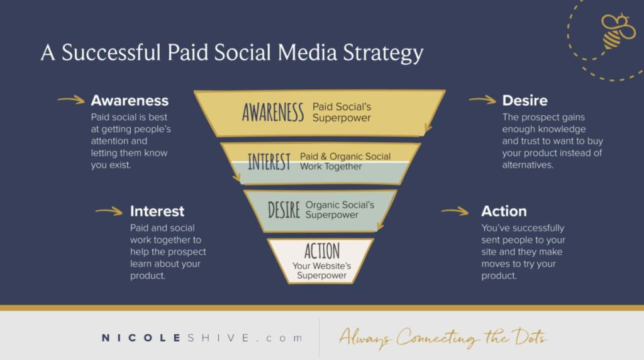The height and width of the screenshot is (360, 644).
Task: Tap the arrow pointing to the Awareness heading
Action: coord(70,99)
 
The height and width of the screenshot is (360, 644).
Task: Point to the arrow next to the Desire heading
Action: coord(482,99)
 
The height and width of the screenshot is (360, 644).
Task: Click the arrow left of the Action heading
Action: coord(454,211)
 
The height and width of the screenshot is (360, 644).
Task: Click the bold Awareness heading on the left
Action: coord(130,101)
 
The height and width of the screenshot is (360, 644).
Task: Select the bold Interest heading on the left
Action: coord(157,211)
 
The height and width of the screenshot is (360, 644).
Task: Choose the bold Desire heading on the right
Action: coord(525,101)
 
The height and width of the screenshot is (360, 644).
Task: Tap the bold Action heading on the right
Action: coord(504,211)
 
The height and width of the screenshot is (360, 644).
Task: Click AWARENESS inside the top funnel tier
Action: coord(273,113)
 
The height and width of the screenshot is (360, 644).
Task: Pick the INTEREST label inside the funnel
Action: coord(269,162)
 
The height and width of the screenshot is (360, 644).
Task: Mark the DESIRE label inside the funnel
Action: coord(284,210)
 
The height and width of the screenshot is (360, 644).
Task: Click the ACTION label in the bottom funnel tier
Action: coord(321,251)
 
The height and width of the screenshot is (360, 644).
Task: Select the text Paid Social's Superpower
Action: coord(341,112)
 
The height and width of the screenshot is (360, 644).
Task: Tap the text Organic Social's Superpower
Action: coord(340,210)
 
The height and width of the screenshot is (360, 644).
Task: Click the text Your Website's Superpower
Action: coord(321,271)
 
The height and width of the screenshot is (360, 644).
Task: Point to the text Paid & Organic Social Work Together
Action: coord(345,161)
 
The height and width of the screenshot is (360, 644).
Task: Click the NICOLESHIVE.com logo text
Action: coord(201,338)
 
